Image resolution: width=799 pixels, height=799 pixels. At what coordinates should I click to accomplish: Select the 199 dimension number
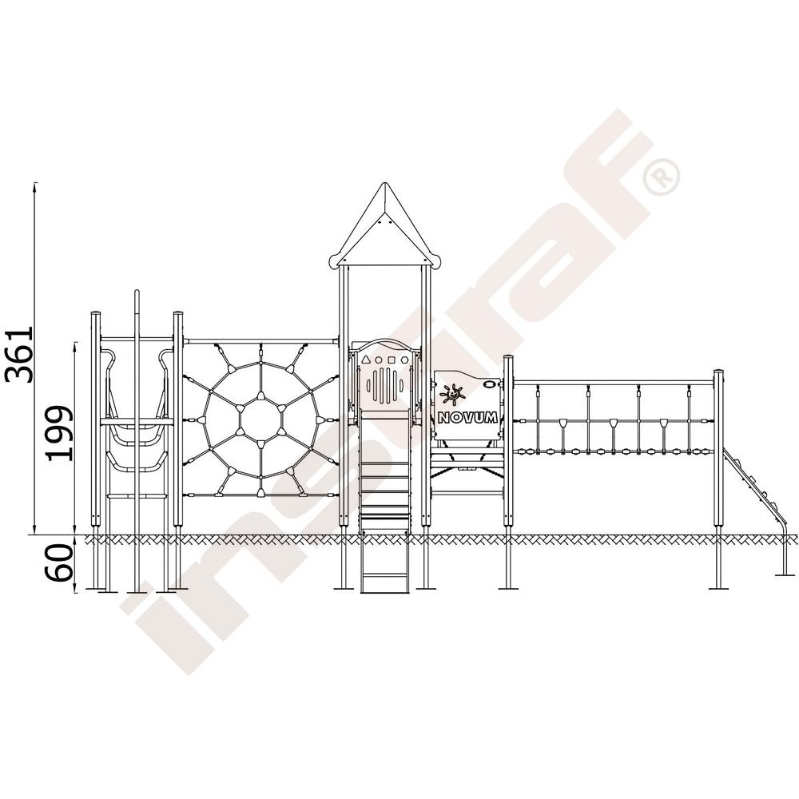60,434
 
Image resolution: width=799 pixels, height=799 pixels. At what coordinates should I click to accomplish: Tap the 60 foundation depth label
60,562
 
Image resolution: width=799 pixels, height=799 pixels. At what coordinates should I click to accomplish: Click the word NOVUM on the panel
467,419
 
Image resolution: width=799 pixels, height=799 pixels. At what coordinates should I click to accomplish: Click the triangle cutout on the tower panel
366,360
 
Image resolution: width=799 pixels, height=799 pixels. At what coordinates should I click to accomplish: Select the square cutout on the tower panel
392,360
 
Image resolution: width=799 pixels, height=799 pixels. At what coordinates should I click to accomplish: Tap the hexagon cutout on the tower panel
404,360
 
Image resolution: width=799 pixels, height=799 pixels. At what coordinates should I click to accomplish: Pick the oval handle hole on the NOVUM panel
491,384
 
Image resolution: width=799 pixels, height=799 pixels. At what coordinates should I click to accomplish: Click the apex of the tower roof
385,183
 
